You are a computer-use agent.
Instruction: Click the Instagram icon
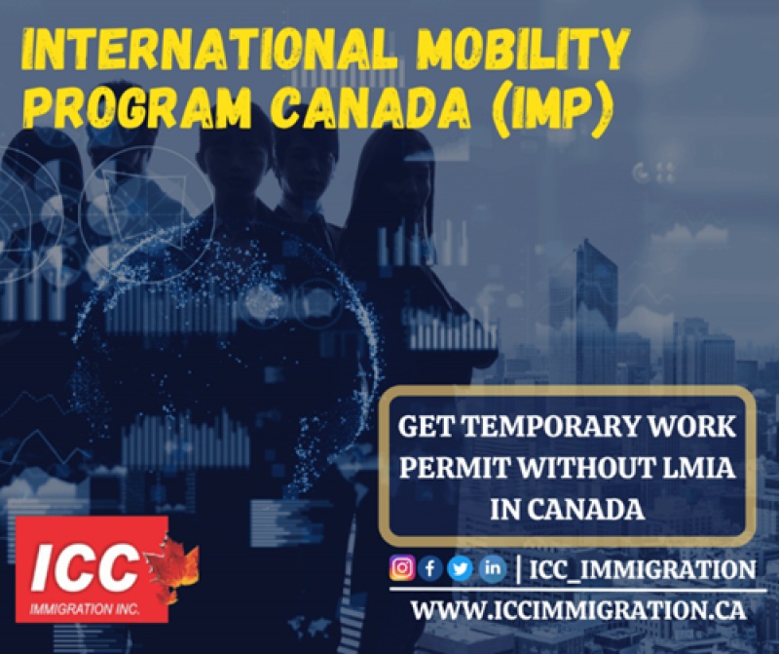click(x=402, y=567)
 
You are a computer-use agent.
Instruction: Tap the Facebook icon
click(x=430, y=567)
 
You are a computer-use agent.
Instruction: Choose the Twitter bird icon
click(x=460, y=567)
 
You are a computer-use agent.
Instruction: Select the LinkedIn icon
click(x=493, y=567)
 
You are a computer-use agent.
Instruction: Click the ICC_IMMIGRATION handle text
click(x=643, y=569)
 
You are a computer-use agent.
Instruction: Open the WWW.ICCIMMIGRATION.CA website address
click(x=578, y=610)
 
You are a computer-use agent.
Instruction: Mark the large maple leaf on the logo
click(x=172, y=565)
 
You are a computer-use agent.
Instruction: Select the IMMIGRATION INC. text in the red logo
click(x=85, y=608)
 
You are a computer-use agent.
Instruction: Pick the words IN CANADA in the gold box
click(x=568, y=510)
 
